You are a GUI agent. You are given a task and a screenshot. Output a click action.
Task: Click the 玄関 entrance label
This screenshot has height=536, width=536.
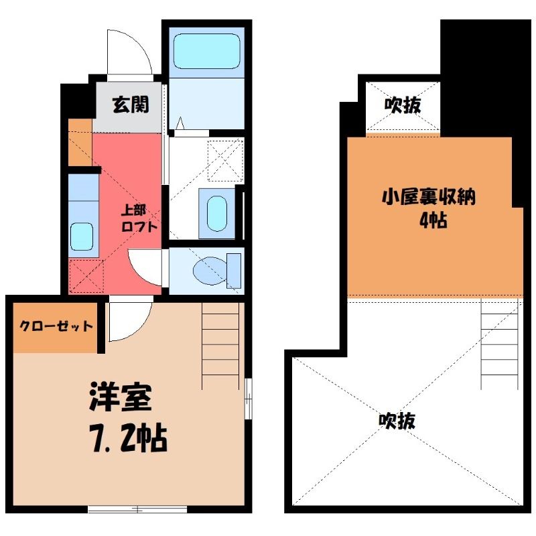[130, 105]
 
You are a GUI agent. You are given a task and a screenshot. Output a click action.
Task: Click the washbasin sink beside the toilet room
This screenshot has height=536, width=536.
[216, 212]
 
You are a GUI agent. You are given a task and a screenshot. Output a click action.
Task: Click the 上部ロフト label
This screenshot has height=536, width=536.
[139, 218]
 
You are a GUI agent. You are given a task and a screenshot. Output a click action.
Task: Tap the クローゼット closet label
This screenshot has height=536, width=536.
[56, 327]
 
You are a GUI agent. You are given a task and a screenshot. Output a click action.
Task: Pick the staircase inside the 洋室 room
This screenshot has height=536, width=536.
[220, 345]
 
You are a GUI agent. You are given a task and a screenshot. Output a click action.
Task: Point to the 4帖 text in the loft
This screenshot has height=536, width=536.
[433, 221]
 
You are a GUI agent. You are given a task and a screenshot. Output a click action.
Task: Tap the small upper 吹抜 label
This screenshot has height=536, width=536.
[403, 106]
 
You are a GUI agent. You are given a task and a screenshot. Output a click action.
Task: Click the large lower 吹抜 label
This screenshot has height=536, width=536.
[397, 421]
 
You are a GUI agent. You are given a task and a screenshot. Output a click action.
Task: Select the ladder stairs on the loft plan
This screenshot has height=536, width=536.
[500, 345]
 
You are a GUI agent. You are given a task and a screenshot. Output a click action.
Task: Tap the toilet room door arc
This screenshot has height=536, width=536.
[145, 268]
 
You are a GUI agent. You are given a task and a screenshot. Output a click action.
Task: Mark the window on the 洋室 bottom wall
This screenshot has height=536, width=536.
[137, 509]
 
